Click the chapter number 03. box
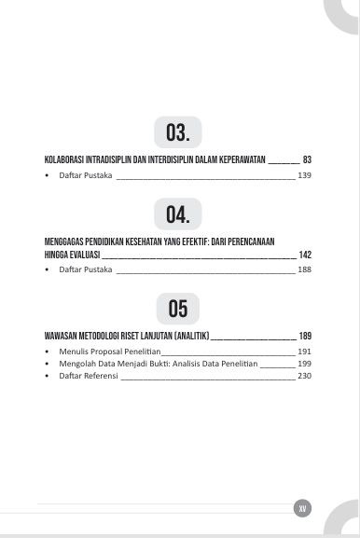(x=178, y=132)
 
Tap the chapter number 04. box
(x=178, y=217)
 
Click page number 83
(x=307, y=160)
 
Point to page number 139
(x=304, y=175)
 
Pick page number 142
(x=305, y=254)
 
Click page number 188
(x=304, y=269)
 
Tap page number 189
(x=305, y=335)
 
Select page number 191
(x=304, y=352)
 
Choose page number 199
(x=304, y=364)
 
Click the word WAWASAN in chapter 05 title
(x=58, y=335)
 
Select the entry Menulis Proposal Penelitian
(x=103, y=352)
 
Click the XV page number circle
(x=302, y=508)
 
